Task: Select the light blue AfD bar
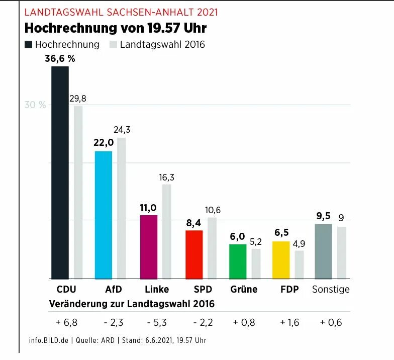coord(104,215)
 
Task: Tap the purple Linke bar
coord(148,246)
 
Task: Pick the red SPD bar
coord(194,254)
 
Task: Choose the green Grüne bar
coord(238,261)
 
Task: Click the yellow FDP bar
coord(281,259)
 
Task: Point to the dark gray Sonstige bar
coord(323,251)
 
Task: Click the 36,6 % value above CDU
coord(60,59)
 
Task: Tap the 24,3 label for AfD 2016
coord(122,130)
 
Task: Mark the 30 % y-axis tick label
coord(35,105)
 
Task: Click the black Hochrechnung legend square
coord(29,45)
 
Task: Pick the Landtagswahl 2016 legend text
coord(162,45)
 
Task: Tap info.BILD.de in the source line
coord(49,341)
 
